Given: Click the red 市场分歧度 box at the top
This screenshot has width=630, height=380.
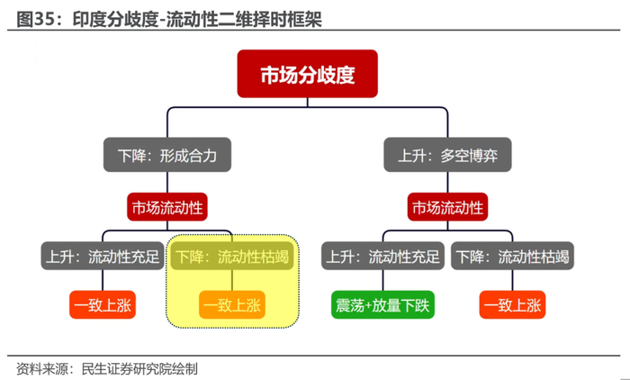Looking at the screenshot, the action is (x=308, y=74).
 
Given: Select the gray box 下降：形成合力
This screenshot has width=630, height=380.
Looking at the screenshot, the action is (x=167, y=155).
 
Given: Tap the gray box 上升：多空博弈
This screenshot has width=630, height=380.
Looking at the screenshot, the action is (x=447, y=155).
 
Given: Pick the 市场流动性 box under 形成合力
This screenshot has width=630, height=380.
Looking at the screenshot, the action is (x=167, y=207).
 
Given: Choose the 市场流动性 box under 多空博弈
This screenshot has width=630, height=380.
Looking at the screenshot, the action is (x=447, y=207).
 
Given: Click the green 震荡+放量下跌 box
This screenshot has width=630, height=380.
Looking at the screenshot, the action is (x=382, y=304).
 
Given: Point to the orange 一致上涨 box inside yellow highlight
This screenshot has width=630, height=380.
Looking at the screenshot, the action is (x=232, y=304).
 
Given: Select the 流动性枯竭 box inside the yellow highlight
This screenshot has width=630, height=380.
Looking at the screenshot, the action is (x=232, y=256).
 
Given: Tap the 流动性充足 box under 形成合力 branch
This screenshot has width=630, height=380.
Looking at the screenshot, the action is (x=103, y=256).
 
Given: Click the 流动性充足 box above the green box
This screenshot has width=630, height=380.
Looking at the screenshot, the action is (x=382, y=256).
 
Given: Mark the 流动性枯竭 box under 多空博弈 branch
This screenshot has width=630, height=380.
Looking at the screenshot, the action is (x=512, y=256).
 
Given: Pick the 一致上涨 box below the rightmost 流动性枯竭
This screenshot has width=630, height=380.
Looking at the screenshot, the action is (x=512, y=304).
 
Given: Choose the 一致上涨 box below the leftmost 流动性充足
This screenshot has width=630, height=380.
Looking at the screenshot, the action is (x=103, y=304).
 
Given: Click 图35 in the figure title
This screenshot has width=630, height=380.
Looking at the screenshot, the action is (x=35, y=19).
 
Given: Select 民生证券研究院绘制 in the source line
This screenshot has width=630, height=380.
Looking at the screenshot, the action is (x=139, y=368).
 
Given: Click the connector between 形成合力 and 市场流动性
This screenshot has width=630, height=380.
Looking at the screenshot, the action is (x=167, y=182).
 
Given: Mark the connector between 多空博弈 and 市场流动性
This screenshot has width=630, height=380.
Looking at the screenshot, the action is (x=447, y=182).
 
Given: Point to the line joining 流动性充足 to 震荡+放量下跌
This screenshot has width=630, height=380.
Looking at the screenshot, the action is (x=382, y=280).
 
